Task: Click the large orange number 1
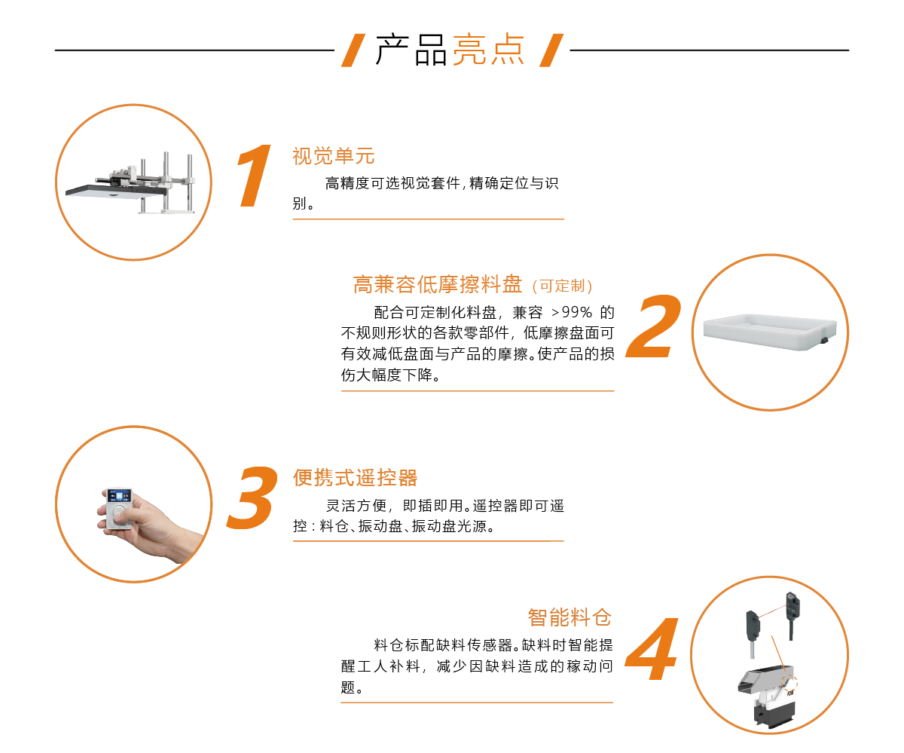(x=255, y=176)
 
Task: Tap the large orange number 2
(x=654, y=326)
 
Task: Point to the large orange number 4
(x=652, y=648)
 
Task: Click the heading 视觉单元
(x=334, y=156)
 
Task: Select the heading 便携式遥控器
(x=355, y=478)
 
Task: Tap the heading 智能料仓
(x=570, y=617)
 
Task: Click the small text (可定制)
(x=562, y=286)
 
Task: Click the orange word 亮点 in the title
(x=489, y=50)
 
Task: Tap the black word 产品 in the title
(x=411, y=50)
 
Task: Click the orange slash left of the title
(x=353, y=51)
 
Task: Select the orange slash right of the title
(x=551, y=51)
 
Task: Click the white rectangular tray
(x=770, y=332)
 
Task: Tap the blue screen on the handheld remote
(x=119, y=496)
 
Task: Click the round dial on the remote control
(x=118, y=514)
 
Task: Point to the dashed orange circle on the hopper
(x=789, y=682)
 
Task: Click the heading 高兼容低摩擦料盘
(x=438, y=284)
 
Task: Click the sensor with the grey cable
(x=753, y=632)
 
